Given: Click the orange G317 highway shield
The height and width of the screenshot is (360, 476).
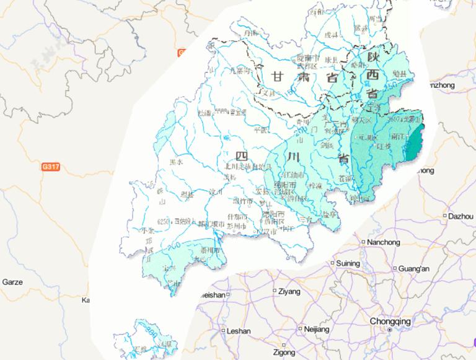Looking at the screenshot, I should (x=51, y=167).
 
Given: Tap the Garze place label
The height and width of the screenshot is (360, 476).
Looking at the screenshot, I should (x=12, y=282).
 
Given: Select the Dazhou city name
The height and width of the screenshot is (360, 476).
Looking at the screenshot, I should (x=460, y=216).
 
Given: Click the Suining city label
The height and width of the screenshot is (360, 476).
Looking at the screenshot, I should (x=348, y=263).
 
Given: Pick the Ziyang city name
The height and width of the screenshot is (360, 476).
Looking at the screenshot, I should (x=289, y=291).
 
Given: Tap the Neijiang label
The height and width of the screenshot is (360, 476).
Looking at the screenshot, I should (x=316, y=329).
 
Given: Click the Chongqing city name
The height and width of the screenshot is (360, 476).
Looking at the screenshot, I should (x=390, y=321).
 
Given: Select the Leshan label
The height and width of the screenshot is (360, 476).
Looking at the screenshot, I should (x=239, y=331).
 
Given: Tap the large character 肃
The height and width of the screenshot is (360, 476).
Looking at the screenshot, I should (x=304, y=77).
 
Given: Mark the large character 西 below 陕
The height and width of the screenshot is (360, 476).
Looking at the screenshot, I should (x=372, y=75).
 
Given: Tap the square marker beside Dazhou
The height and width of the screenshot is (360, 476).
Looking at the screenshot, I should (x=446, y=216).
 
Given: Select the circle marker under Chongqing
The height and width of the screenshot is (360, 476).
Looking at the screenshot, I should (x=389, y=330).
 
